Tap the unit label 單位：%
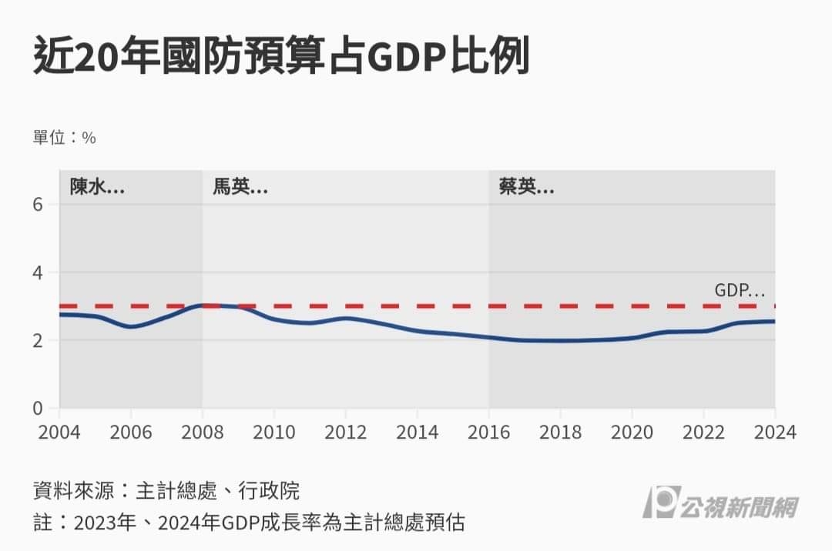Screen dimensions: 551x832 pyautogui.click(x=64, y=138)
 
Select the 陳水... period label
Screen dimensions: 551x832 pyautogui.click(x=97, y=186)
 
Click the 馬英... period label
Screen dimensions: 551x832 pyautogui.click(x=240, y=186)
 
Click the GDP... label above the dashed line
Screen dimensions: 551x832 pyautogui.click(x=740, y=291)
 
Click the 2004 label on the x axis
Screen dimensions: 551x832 pyautogui.click(x=59, y=431)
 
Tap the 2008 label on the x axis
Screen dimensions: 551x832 pyautogui.click(x=203, y=431)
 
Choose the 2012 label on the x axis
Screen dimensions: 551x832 pyautogui.click(x=346, y=431)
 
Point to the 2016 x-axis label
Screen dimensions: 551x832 pyautogui.click(x=488, y=431)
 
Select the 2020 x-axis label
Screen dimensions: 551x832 pyautogui.click(x=632, y=431)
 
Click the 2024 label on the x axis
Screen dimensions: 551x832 pyautogui.click(x=774, y=431)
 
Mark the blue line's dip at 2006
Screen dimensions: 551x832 pyautogui.click(x=131, y=326)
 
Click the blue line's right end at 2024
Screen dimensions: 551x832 pyautogui.click(x=773, y=321)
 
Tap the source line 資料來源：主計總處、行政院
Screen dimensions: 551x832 pyautogui.click(x=166, y=490)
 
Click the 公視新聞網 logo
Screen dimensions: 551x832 pyautogui.click(x=720, y=505)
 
